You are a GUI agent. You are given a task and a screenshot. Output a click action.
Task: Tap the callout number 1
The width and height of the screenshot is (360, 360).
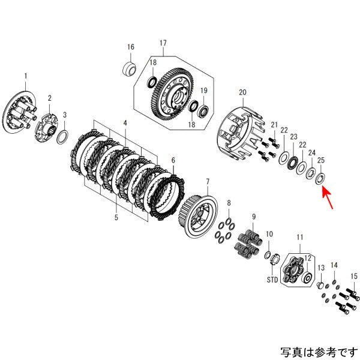point(26,76)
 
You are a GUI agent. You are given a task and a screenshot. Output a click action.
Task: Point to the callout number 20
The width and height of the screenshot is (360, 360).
point(242,92)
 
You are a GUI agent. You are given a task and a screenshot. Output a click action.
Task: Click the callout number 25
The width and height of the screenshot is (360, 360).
point(321,161)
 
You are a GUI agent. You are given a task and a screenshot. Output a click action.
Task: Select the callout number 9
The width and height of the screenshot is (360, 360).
point(254,216)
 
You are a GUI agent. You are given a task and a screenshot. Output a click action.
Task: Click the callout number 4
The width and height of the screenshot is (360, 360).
point(125,124)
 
